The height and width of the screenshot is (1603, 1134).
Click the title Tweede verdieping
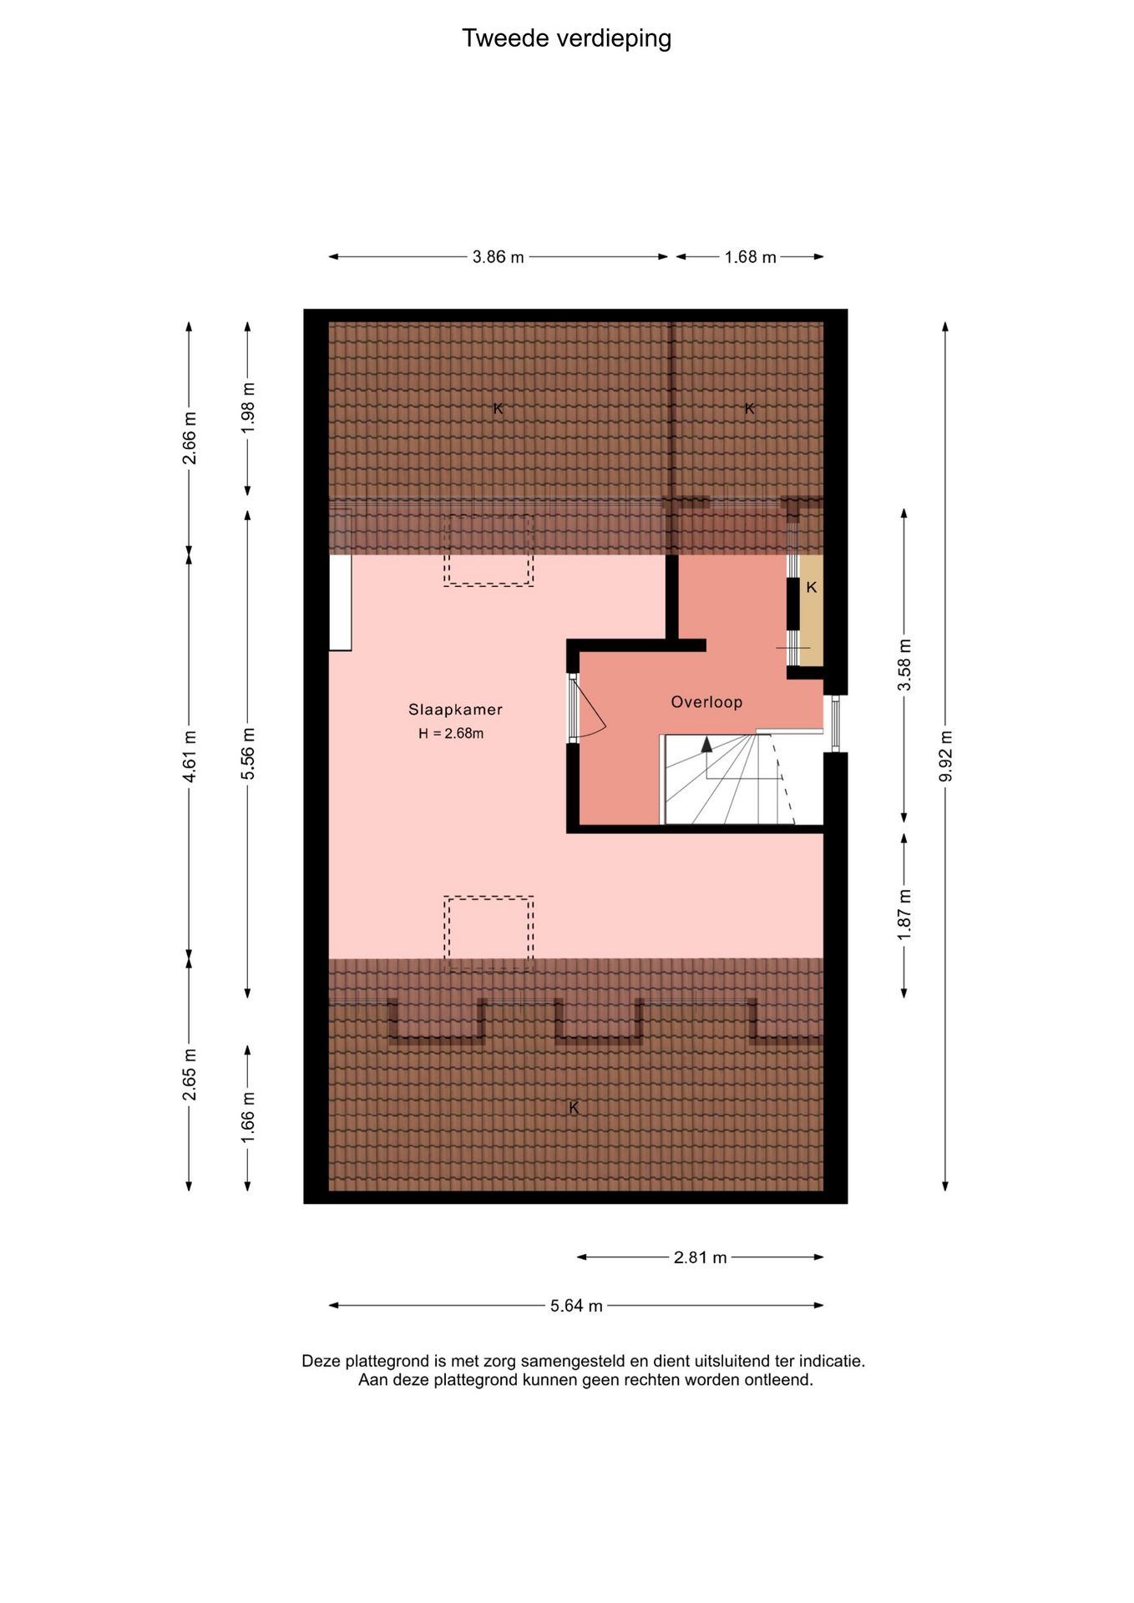point(566,38)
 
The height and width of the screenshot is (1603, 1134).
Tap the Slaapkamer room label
point(455,710)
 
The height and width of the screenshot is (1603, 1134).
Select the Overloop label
point(706,702)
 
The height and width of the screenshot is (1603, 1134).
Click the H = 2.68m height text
point(451,734)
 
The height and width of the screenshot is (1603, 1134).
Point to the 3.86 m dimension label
point(499,257)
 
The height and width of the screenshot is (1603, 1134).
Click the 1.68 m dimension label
point(750,257)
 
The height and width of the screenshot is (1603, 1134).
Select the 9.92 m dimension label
point(945,756)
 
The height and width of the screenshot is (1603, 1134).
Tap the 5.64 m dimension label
point(576,1306)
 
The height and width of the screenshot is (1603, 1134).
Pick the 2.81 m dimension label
point(700,1257)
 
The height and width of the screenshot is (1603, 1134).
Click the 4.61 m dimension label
point(190,756)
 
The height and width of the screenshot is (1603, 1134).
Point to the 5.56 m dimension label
point(248,754)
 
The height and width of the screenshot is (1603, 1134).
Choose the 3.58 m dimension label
point(904,665)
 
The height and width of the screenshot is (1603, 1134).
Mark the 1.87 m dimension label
point(904,915)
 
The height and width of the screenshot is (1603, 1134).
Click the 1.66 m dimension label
point(248,1118)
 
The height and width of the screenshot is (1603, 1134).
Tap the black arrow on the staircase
point(707,743)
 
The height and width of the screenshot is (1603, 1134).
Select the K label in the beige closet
point(811,588)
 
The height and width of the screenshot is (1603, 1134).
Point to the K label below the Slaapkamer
point(574,1108)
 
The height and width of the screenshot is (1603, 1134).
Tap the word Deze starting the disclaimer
point(321,1361)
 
